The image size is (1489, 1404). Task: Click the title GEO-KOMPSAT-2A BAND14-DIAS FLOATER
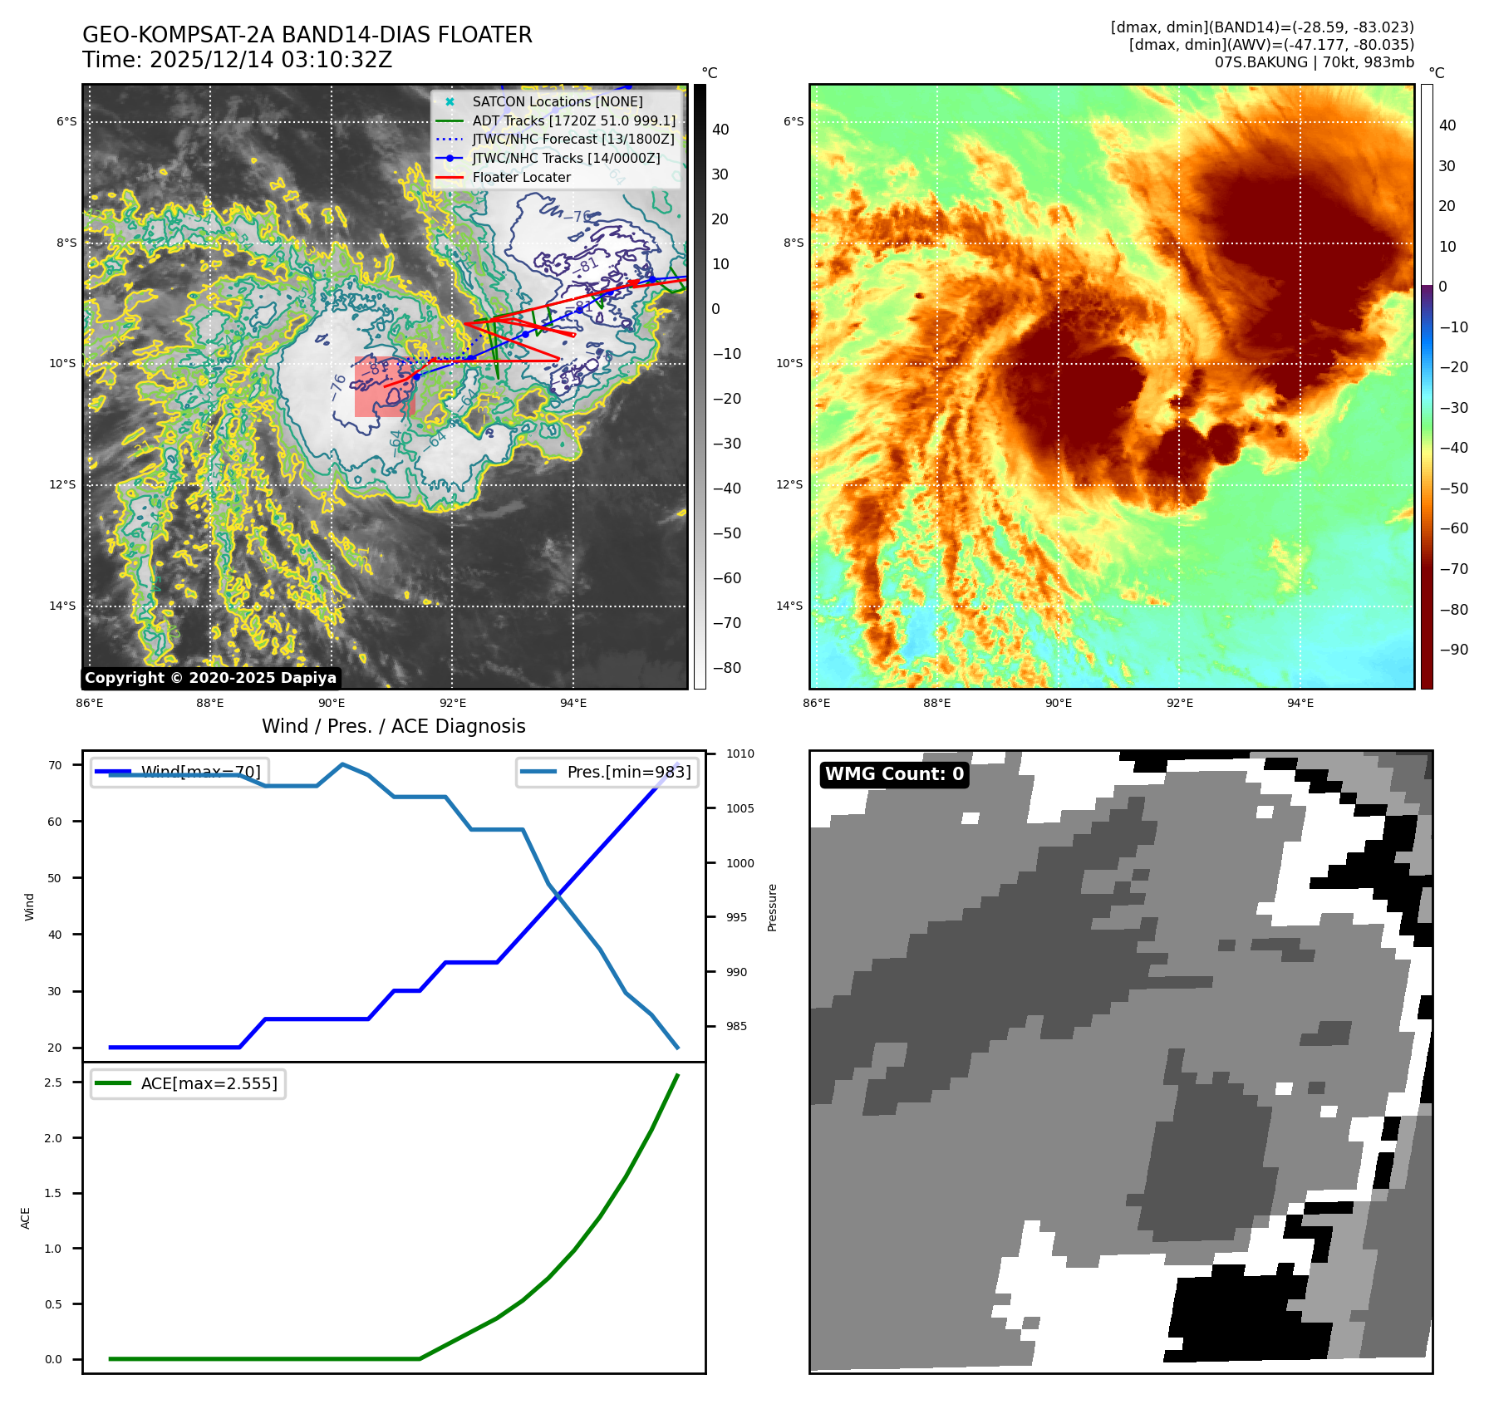307,35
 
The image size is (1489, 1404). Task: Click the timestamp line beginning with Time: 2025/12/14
237,60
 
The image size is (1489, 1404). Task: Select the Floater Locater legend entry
521,177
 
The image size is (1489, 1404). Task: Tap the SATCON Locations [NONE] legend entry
557,101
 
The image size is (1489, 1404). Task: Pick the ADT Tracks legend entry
573,120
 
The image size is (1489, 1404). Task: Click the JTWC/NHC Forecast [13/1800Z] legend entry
573,139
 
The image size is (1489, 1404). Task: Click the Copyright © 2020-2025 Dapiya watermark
210,678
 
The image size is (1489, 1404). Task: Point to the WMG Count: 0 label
894,774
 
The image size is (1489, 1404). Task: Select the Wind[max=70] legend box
179,772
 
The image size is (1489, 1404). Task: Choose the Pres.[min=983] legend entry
607,772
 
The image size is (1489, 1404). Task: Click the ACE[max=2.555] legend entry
189,1083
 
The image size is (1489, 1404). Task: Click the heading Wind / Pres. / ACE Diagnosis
393,726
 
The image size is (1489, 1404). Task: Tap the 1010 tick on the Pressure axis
740,754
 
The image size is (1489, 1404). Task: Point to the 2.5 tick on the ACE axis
53,1082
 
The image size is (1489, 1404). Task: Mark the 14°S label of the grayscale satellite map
62,606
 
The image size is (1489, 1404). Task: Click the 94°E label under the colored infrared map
1300,703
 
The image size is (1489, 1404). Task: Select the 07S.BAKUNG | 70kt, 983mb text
1314,62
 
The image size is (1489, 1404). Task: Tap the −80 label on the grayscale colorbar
726,668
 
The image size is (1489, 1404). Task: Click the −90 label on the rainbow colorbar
1453,650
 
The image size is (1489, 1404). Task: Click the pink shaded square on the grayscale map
384,387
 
